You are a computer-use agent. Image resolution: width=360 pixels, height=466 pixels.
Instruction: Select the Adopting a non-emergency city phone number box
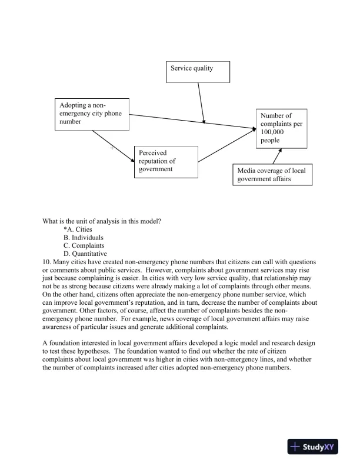click(91, 114)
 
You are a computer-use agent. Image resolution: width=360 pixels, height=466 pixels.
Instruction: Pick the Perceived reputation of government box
click(165, 161)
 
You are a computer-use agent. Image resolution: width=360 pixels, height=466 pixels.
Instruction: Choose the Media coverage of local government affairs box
click(272, 175)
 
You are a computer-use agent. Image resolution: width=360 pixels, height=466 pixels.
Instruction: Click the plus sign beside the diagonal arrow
click(112, 148)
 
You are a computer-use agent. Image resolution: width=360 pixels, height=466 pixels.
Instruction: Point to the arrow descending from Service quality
click(201, 102)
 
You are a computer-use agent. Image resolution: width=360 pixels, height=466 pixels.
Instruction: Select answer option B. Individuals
click(83, 238)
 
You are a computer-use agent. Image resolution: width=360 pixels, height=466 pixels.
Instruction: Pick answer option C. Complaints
click(84, 245)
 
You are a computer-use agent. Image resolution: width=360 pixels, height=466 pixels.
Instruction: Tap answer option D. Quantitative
click(85, 254)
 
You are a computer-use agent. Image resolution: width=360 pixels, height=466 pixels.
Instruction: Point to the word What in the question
click(51, 221)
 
